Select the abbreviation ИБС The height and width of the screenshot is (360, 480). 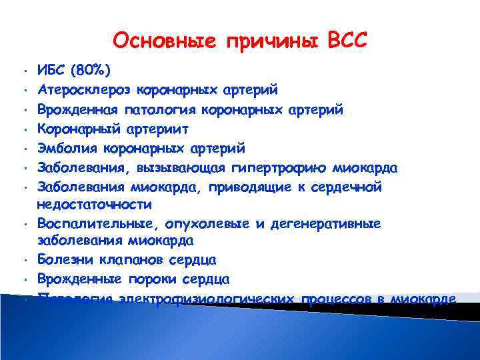click(54, 70)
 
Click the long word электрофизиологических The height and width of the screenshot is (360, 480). click(206, 298)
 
